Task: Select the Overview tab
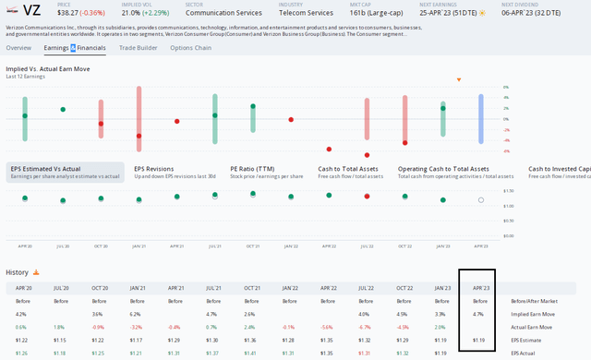pyautogui.click(x=18, y=47)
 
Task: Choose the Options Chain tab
pyautogui.click(x=190, y=47)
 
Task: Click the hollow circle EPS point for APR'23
pyautogui.click(x=480, y=199)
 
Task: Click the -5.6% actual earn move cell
pyautogui.click(x=326, y=327)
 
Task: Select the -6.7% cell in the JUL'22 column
pyautogui.click(x=366, y=327)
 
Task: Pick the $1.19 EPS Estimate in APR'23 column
pyautogui.click(x=479, y=340)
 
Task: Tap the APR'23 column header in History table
pyautogui.click(x=480, y=288)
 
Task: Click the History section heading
pyautogui.click(x=18, y=272)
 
